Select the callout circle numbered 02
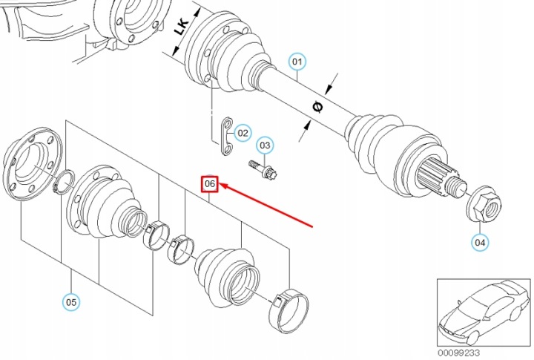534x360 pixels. (243, 134)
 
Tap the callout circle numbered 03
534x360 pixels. (266, 145)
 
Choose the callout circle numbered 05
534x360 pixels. (71, 301)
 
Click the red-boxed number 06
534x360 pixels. (210, 183)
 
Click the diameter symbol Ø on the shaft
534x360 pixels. (317, 107)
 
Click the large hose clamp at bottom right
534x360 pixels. (288, 308)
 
